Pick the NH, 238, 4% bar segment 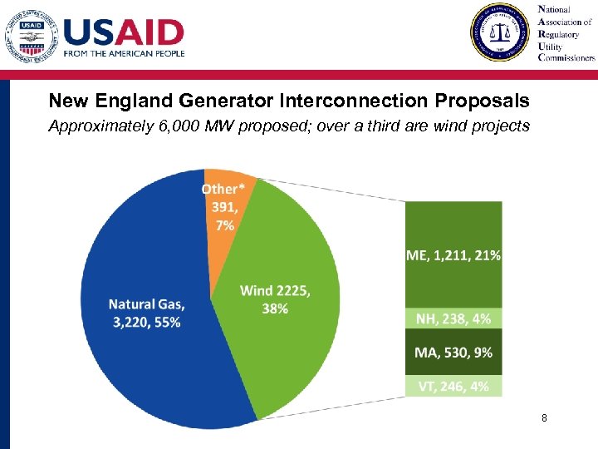coord(453,318)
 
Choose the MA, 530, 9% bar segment coord(453,352)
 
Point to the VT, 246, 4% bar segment coord(453,385)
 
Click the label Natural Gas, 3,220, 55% coord(146,313)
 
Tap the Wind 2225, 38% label coord(275,299)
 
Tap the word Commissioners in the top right coord(567,58)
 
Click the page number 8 coord(544,418)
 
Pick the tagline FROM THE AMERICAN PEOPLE coord(124,53)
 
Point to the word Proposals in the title coord(481,101)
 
